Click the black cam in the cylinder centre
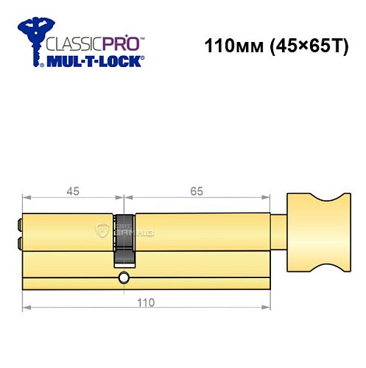click(x=124, y=240)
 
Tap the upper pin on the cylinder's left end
click(x=18, y=223)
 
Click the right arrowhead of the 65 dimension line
click(x=267, y=198)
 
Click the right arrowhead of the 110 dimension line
click(x=267, y=305)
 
